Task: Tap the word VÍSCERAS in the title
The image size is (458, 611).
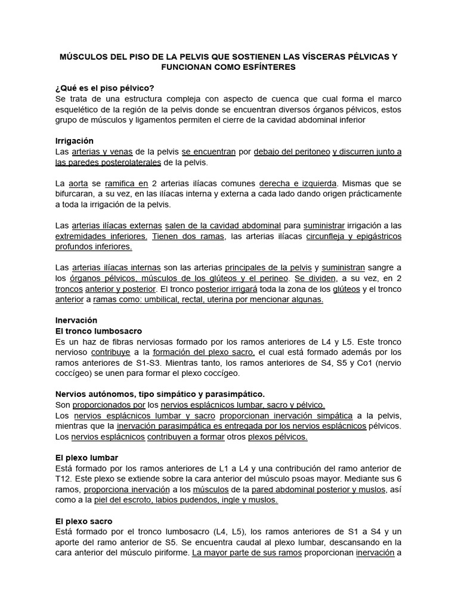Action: [x=310, y=56]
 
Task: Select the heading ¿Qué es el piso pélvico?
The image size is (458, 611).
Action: [x=105, y=88]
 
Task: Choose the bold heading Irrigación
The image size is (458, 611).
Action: [x=76, y=141]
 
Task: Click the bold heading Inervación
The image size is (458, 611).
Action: [x=76, y=320]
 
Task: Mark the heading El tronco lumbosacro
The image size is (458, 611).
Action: [x=98, y=331]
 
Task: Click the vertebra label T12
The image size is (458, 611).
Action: [x=63, y=479]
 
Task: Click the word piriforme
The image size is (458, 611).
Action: [x=163, y=553]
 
